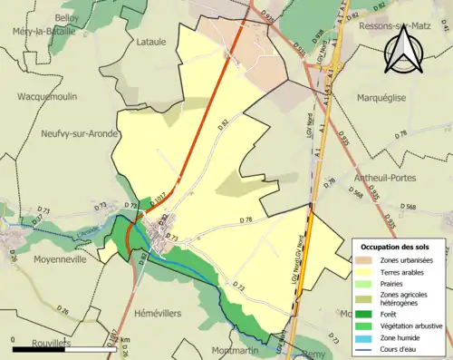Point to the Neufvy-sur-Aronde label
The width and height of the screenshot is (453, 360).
[x=81, y=133]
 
